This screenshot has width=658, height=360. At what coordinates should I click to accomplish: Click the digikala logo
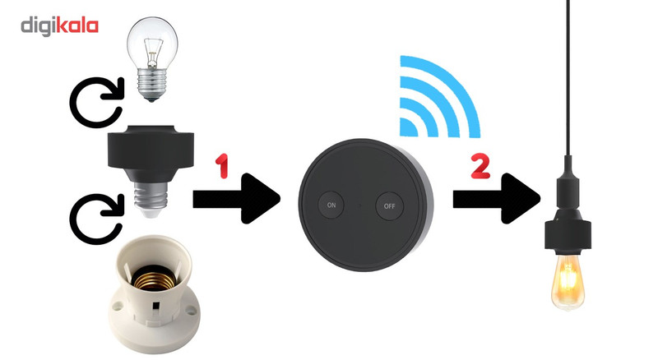[59, 26]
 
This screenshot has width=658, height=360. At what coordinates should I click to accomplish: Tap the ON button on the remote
[331, 205]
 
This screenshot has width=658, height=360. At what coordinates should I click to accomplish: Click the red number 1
[222, 165]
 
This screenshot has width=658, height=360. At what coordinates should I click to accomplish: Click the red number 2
[480, 165]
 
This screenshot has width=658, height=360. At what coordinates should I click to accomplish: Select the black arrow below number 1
[236, 198]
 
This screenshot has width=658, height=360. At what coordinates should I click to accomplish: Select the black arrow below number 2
[496, 198]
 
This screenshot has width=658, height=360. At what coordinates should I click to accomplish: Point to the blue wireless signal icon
[440, 96]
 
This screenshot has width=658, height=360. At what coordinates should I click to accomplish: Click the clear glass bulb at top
[152, 59]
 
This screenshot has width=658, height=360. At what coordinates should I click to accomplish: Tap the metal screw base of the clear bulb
[152, 86]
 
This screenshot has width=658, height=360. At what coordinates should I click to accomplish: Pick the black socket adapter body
[151, 151]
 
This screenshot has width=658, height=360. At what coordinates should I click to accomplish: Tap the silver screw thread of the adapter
[151, 196]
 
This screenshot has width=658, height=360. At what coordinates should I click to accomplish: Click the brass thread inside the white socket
[153, 278]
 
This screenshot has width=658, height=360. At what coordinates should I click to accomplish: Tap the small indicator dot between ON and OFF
[360, 205]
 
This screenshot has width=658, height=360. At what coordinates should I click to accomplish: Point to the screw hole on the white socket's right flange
[191, 311]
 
